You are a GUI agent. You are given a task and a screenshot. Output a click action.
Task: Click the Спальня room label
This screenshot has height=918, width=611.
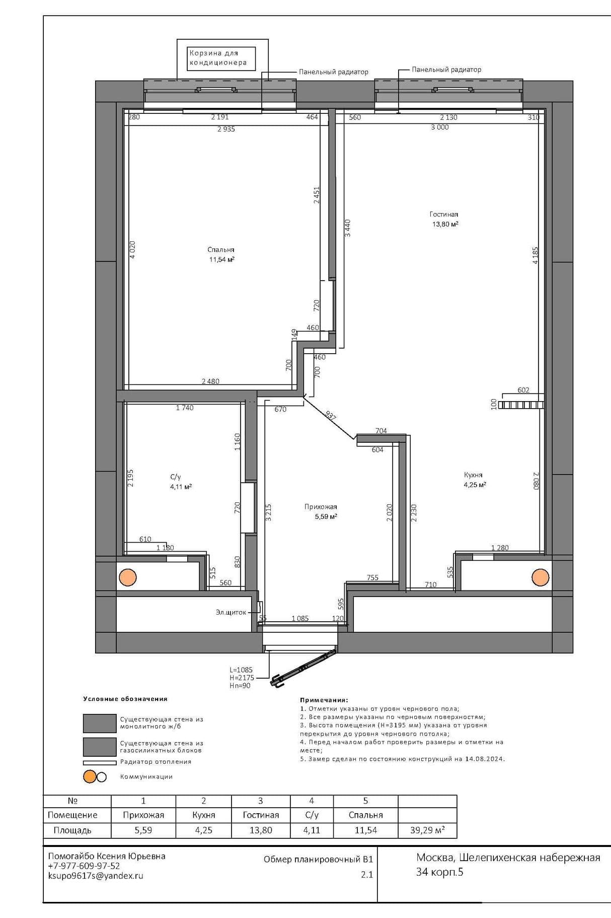point(221,249)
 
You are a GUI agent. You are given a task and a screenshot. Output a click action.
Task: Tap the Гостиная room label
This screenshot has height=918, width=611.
point(444,214)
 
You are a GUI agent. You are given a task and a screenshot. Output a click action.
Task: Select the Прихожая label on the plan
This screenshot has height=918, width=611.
point(321,507)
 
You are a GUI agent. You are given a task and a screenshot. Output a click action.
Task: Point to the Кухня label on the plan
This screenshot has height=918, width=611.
point(473,475)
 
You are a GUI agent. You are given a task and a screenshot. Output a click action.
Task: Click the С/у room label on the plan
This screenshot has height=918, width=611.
point(175,477)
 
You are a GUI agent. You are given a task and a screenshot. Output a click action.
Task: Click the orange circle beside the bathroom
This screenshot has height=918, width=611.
point(128,577)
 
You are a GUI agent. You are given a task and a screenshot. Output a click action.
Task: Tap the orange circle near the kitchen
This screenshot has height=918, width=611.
point(541,577)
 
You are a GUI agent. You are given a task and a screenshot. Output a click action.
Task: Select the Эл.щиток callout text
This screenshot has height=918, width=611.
point(231,612)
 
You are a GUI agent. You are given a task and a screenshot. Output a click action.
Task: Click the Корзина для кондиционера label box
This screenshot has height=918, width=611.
point(221,58)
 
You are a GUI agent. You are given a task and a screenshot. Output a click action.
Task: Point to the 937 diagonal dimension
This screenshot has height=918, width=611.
point(331,416)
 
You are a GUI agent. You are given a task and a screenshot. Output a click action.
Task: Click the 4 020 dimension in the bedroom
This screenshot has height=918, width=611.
point(132,250)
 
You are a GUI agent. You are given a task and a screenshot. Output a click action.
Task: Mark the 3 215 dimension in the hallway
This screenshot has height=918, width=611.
point(268,512)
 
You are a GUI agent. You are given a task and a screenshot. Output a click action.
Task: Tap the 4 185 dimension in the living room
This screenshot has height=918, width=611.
point(536,255)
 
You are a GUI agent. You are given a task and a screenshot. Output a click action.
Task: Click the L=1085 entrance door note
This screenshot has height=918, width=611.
point(241,670)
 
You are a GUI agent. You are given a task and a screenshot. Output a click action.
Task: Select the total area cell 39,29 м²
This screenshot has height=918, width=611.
point(427,830)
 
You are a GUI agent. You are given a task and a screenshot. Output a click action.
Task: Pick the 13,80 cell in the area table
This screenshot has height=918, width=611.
point(261,830)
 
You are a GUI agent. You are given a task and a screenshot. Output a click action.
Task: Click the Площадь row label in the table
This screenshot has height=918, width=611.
point(72,830)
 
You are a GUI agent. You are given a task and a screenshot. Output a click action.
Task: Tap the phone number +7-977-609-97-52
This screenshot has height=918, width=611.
point(84,866)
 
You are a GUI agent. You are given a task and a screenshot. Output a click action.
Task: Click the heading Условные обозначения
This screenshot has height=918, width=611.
point(125,699)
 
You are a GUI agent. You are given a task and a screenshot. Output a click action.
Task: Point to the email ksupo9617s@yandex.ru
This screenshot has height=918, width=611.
point(96,876)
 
